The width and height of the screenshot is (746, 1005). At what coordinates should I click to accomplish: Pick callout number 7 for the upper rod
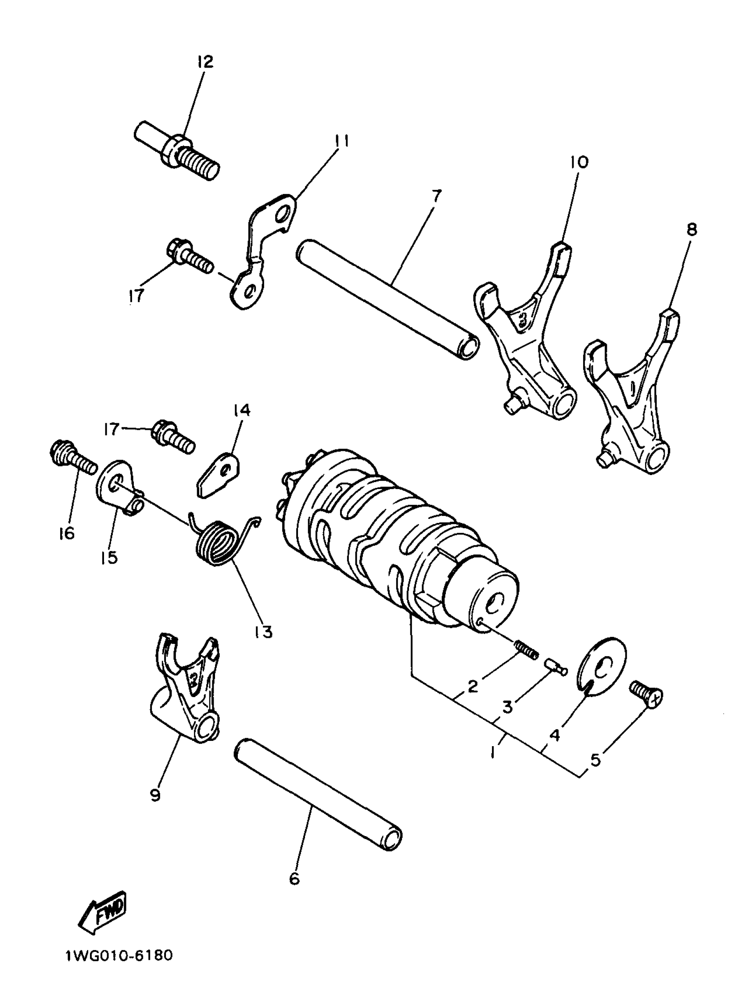click(x=436, y=197)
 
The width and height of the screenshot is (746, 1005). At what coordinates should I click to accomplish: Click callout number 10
click(x=580, y=161)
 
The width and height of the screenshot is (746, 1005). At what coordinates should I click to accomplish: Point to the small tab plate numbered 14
click(x=219, y=476)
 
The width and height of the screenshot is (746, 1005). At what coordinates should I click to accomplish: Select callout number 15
click(x=109, y=558)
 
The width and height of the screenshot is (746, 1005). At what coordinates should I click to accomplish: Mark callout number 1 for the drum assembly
click(x=494, y=752)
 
